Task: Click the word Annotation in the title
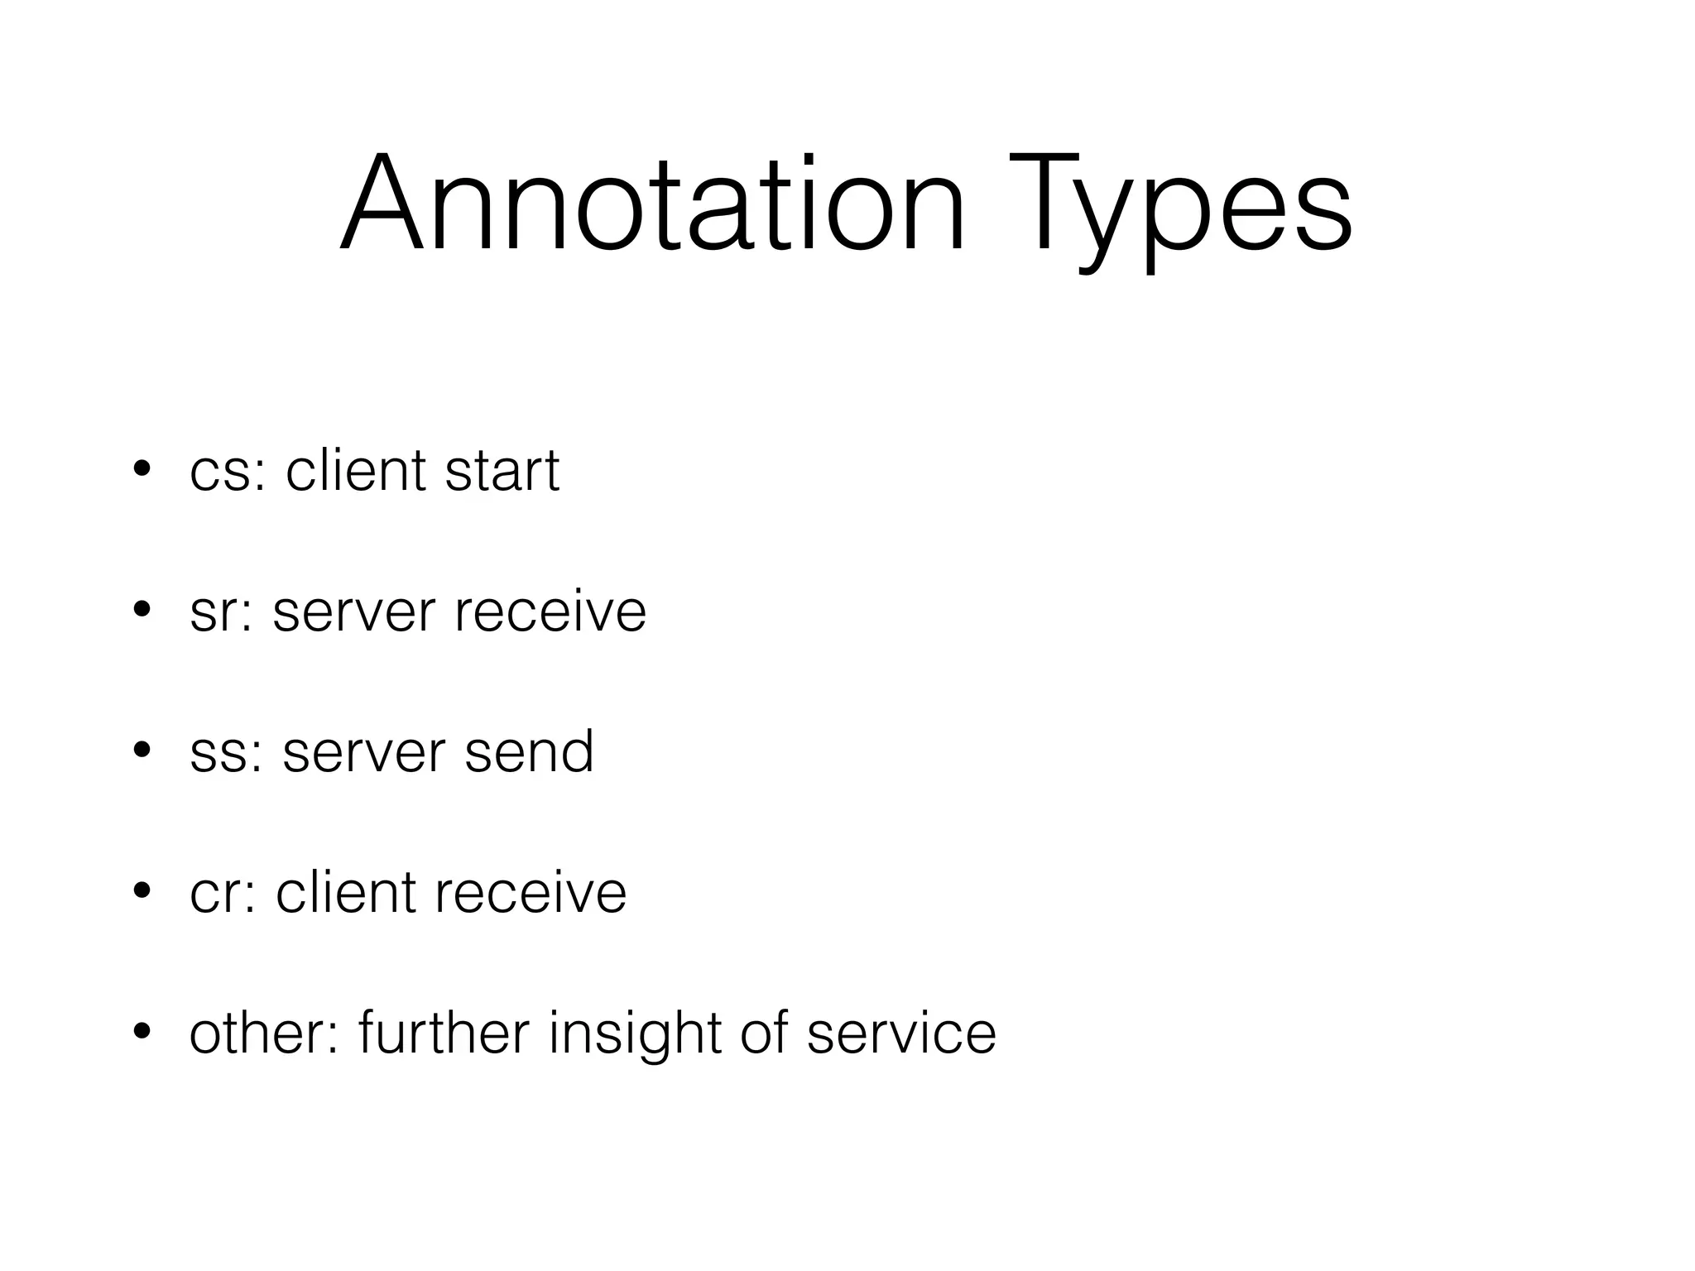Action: click(652, 204)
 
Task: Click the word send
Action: click(529, 752)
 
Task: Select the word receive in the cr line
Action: click(530, 894)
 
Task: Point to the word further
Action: click(444, 1034)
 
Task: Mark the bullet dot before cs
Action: click(142, 469)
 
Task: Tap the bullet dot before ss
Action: click(142, 751)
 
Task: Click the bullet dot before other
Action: click(142, 1032)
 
